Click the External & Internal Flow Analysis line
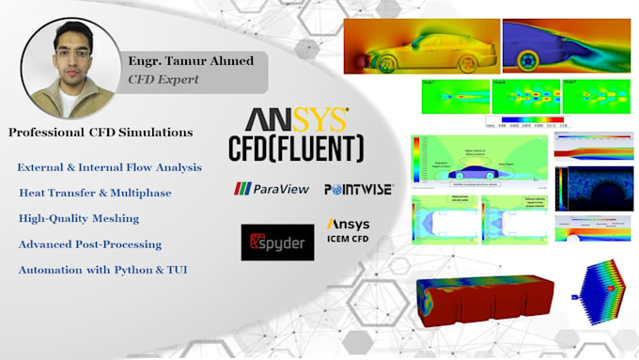(x=109, y=167)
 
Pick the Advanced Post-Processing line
(x=90, y=244)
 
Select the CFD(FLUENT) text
(x=296, y=148)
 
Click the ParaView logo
(x=272, y=189)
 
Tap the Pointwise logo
(x=358, y=189)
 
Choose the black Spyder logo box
(x=278, y=243)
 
